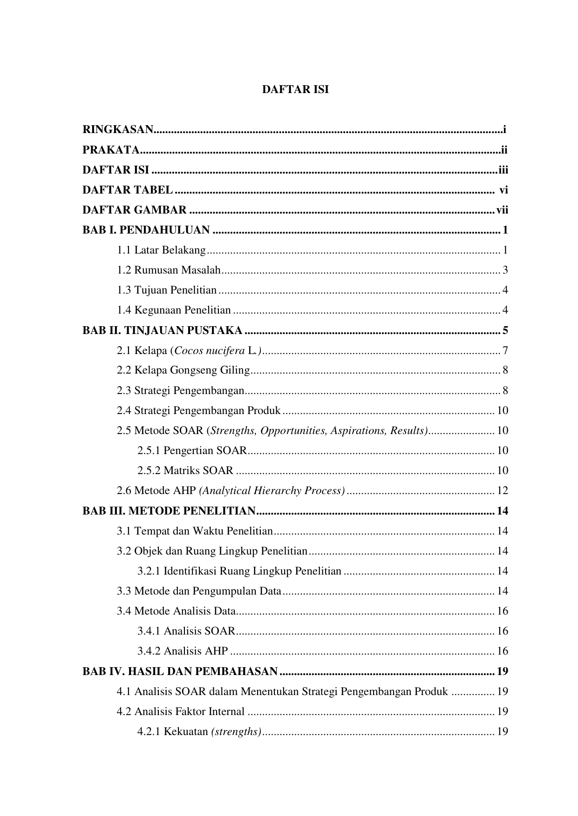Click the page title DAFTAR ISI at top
coord(295,90)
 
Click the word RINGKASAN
coord(118,130)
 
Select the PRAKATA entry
coord(111,150)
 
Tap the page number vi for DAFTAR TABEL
coord(503,190)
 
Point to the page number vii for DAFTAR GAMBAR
coord(502,210)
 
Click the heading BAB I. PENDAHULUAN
coord(146,230)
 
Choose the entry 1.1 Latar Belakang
coord(161,250)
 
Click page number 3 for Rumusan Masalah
coord(505,270)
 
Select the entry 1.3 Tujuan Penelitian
coord(167,290)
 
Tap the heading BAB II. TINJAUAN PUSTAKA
coord(162,330)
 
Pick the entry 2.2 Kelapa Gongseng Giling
coord(183,370)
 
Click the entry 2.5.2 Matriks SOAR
coord(185,470)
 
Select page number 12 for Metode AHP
coord(503,490)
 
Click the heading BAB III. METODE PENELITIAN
coord(169,511)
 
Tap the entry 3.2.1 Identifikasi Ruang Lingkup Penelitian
coord(239,571)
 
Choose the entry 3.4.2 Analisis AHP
coord(182,651)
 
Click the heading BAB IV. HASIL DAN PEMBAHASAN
coord(180,671)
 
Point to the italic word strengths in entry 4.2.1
coord(236,731)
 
